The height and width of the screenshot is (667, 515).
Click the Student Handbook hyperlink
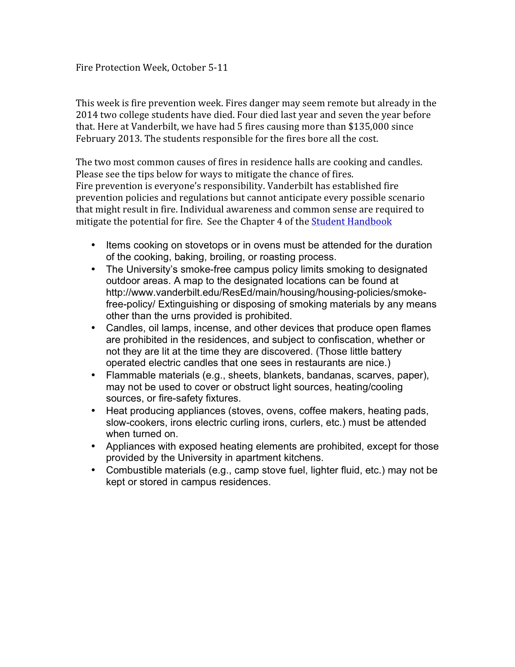pyautogui.click(x=351, y=221)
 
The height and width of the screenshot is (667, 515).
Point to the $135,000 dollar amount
pyautogui.click(x=368, y=127)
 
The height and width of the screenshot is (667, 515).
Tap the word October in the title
pyautogui.click(x=189, y=67)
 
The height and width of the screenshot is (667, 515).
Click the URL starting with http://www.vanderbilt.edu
pyautogui.click(x=266, y=292)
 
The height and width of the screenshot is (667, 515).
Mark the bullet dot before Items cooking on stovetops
pyautogui.click(x=93, y=245)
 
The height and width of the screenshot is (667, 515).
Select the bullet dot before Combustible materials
pyautogui.click(x=93, y=470)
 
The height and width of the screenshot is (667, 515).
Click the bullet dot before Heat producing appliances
pyautogui.click(x=93, y=410)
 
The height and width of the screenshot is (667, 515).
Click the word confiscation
pyautogui.click(x=344, y=340)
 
